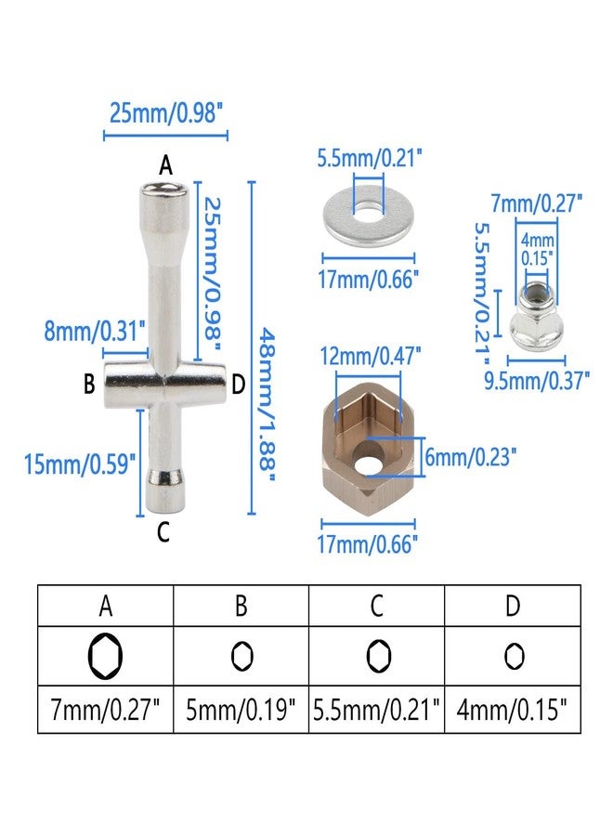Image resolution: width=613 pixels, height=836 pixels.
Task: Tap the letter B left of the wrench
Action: coord(89,383)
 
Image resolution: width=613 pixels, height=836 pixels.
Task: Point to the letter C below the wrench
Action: coord(163,531)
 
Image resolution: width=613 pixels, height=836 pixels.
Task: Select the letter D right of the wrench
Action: coord(239,384)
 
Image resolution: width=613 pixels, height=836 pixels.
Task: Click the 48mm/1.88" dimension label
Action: coord(266,406)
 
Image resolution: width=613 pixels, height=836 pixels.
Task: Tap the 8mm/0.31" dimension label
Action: coord(95,331)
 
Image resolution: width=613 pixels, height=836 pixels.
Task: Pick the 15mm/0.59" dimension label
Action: coord(80,464)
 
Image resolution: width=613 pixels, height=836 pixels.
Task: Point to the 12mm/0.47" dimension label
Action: coord(371,356)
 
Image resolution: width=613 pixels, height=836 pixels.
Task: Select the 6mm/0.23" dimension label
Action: coord(471,457)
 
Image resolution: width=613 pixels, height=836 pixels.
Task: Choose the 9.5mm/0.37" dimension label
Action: coord(537,380)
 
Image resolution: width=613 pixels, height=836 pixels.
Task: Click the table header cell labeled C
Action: coord(377,606)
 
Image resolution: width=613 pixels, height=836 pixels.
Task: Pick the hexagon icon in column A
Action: coord(105,656)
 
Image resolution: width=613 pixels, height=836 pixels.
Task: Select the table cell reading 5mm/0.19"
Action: coord(241,710)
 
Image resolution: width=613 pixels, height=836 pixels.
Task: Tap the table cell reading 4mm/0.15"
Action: coord(513,710)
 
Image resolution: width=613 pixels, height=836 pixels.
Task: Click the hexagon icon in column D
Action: coord(514,657)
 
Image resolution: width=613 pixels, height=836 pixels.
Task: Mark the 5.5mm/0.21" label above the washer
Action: coord(370,158)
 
